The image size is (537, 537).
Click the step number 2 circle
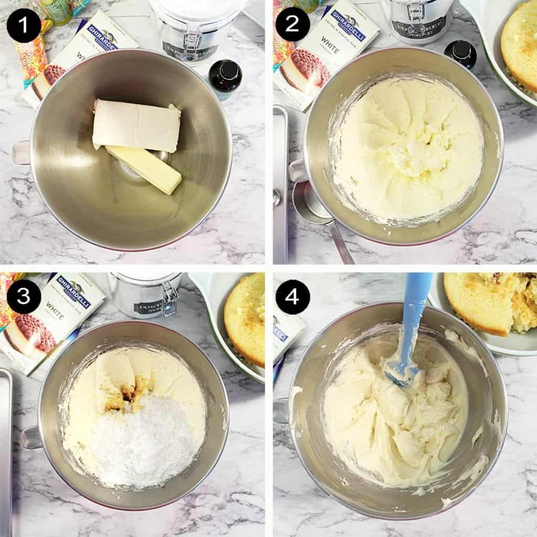[293, 24]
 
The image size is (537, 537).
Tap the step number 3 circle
[24, 297]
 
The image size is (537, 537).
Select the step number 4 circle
[293, 297]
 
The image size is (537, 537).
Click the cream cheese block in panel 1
[136, 126]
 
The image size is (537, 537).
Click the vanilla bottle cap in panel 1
[226, 69]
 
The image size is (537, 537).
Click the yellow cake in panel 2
[519, 47]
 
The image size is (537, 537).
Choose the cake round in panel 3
[245, 320]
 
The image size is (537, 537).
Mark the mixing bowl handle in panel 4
[281, 410]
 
